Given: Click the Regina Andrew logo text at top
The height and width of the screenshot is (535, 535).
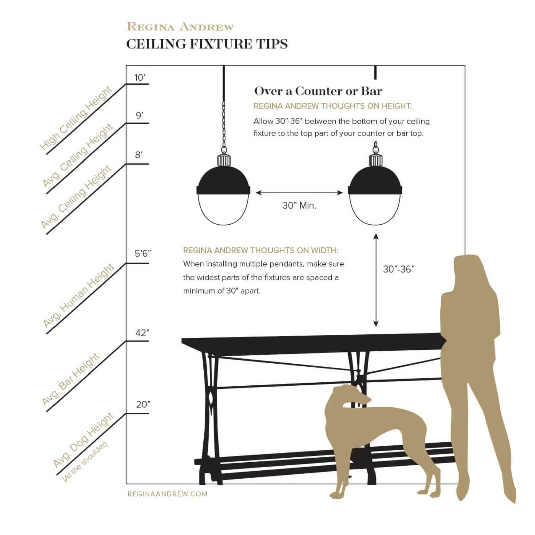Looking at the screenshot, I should (x=180, y=27).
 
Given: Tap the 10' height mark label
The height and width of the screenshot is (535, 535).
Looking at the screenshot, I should (x=139, y=78).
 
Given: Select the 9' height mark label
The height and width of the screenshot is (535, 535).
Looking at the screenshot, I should (x=139, y=115).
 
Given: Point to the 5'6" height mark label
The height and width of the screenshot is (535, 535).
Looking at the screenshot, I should (x=143, y=253).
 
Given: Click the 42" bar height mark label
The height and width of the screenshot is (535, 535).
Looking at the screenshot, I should (x=142, y=333).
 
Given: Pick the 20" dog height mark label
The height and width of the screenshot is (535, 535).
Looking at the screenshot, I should (x=143, y=404).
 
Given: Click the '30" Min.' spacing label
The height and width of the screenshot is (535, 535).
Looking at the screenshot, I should (x=299, y=205).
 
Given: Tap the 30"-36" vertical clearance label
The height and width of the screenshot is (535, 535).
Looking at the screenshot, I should (x=398, y=269).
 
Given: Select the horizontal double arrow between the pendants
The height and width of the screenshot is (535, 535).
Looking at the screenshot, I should (x=299, y=193).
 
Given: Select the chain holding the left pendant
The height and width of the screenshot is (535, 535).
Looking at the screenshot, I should (x=224, y=127).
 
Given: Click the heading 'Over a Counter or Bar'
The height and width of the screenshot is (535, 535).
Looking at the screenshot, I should (x=318, y=91).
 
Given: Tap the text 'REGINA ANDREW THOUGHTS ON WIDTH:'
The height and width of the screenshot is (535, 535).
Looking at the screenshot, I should (x=260, y=250).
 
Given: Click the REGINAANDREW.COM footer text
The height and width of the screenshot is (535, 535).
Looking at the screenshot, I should (x=168, y=494).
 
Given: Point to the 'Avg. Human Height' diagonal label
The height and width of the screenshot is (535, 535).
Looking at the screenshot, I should (x=79, y=296).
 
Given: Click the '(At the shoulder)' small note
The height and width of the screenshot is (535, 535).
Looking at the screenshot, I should (x=85, y=461).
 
